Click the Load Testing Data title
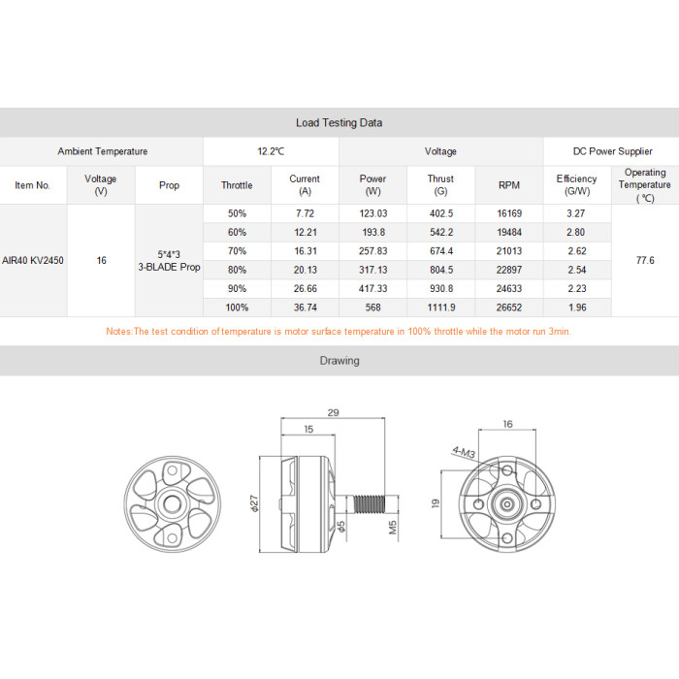(x=339, y=123)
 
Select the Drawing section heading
(x=339, y=361)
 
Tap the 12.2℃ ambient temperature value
(x=271, y=151)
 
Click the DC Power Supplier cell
(x=612, y=151)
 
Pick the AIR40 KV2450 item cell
(x=33, y=261)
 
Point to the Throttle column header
(x=237, y=185)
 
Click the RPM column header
(x=509, y=185)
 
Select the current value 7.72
(x=306, y=213)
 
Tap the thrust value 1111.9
(x=441, y=307)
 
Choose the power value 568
(x=372, y=307)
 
